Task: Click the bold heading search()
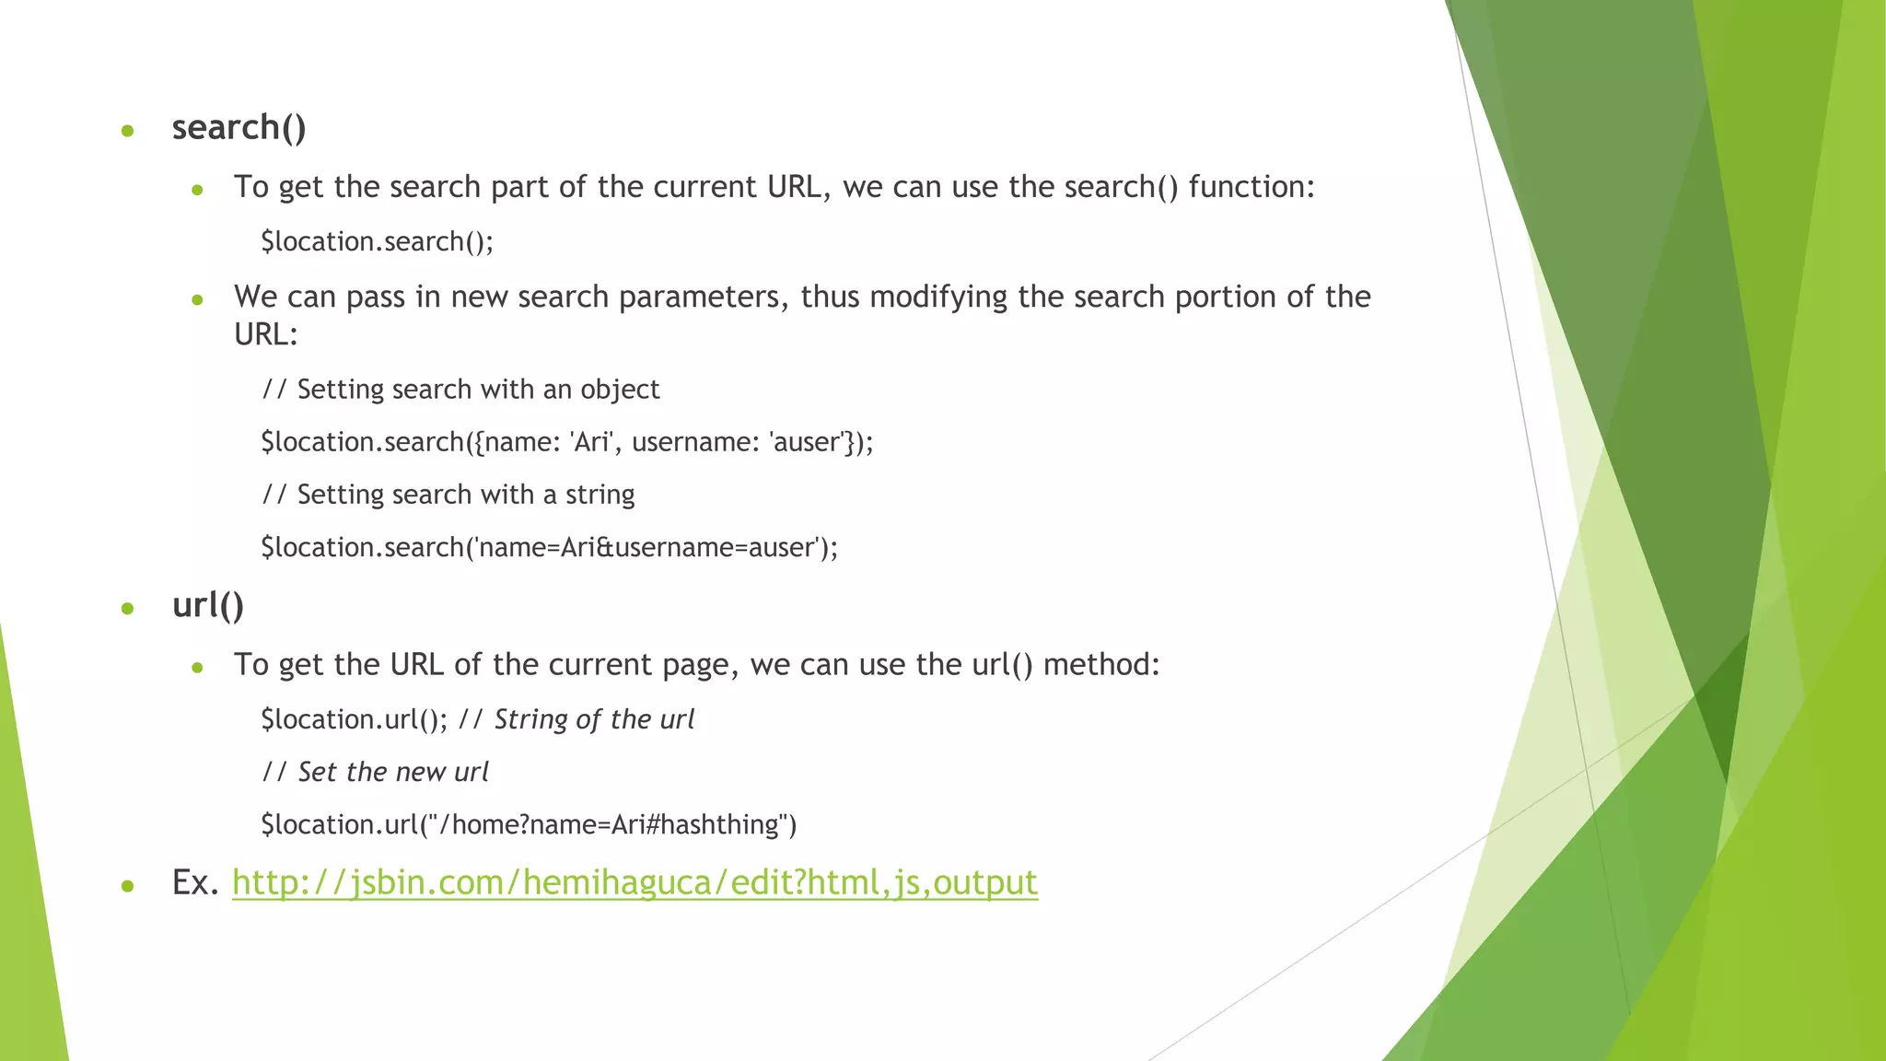point(239,128)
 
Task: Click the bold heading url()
point(208,605)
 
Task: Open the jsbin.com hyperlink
point(634,882)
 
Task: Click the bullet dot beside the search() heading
point(128,132)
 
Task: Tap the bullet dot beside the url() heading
point(128,609)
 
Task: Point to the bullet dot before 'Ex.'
point(128,886)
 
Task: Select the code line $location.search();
point(377,241)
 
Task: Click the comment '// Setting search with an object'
point(460,390)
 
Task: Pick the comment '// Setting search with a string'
point(448,495)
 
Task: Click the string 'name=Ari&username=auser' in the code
point(645,547)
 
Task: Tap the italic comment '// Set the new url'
point(375,772)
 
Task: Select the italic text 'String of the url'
point(594,719)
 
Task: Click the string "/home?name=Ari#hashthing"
point(607,824)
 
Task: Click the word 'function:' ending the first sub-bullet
point(1252,187)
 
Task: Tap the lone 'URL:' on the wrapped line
point(266,334)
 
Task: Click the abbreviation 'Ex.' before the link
point(195,882)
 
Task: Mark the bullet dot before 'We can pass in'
point(197,300)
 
